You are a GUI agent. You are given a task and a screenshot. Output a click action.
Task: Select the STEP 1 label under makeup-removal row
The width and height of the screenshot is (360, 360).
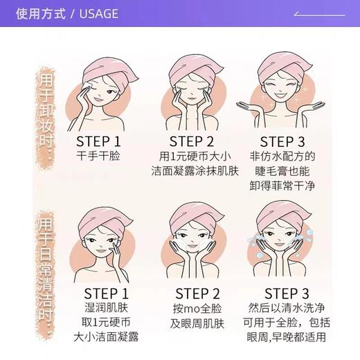click(x=98, y=141)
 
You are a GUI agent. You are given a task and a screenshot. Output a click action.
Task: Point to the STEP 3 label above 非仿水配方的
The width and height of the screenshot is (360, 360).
click(x=282, y=141)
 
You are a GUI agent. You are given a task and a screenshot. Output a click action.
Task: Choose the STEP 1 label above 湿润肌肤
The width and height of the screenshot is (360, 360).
click(x=107, y=293)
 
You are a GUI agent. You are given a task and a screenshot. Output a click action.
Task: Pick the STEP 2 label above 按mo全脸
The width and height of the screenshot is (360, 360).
click(x=197, y=293)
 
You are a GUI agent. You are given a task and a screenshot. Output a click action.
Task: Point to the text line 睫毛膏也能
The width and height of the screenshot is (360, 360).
click(x=282, y=171)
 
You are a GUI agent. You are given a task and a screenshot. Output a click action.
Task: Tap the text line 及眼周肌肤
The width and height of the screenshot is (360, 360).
click(x=197, y=323)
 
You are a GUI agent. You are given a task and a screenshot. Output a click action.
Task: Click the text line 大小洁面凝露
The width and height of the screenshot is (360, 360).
click(x=107, y=337)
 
